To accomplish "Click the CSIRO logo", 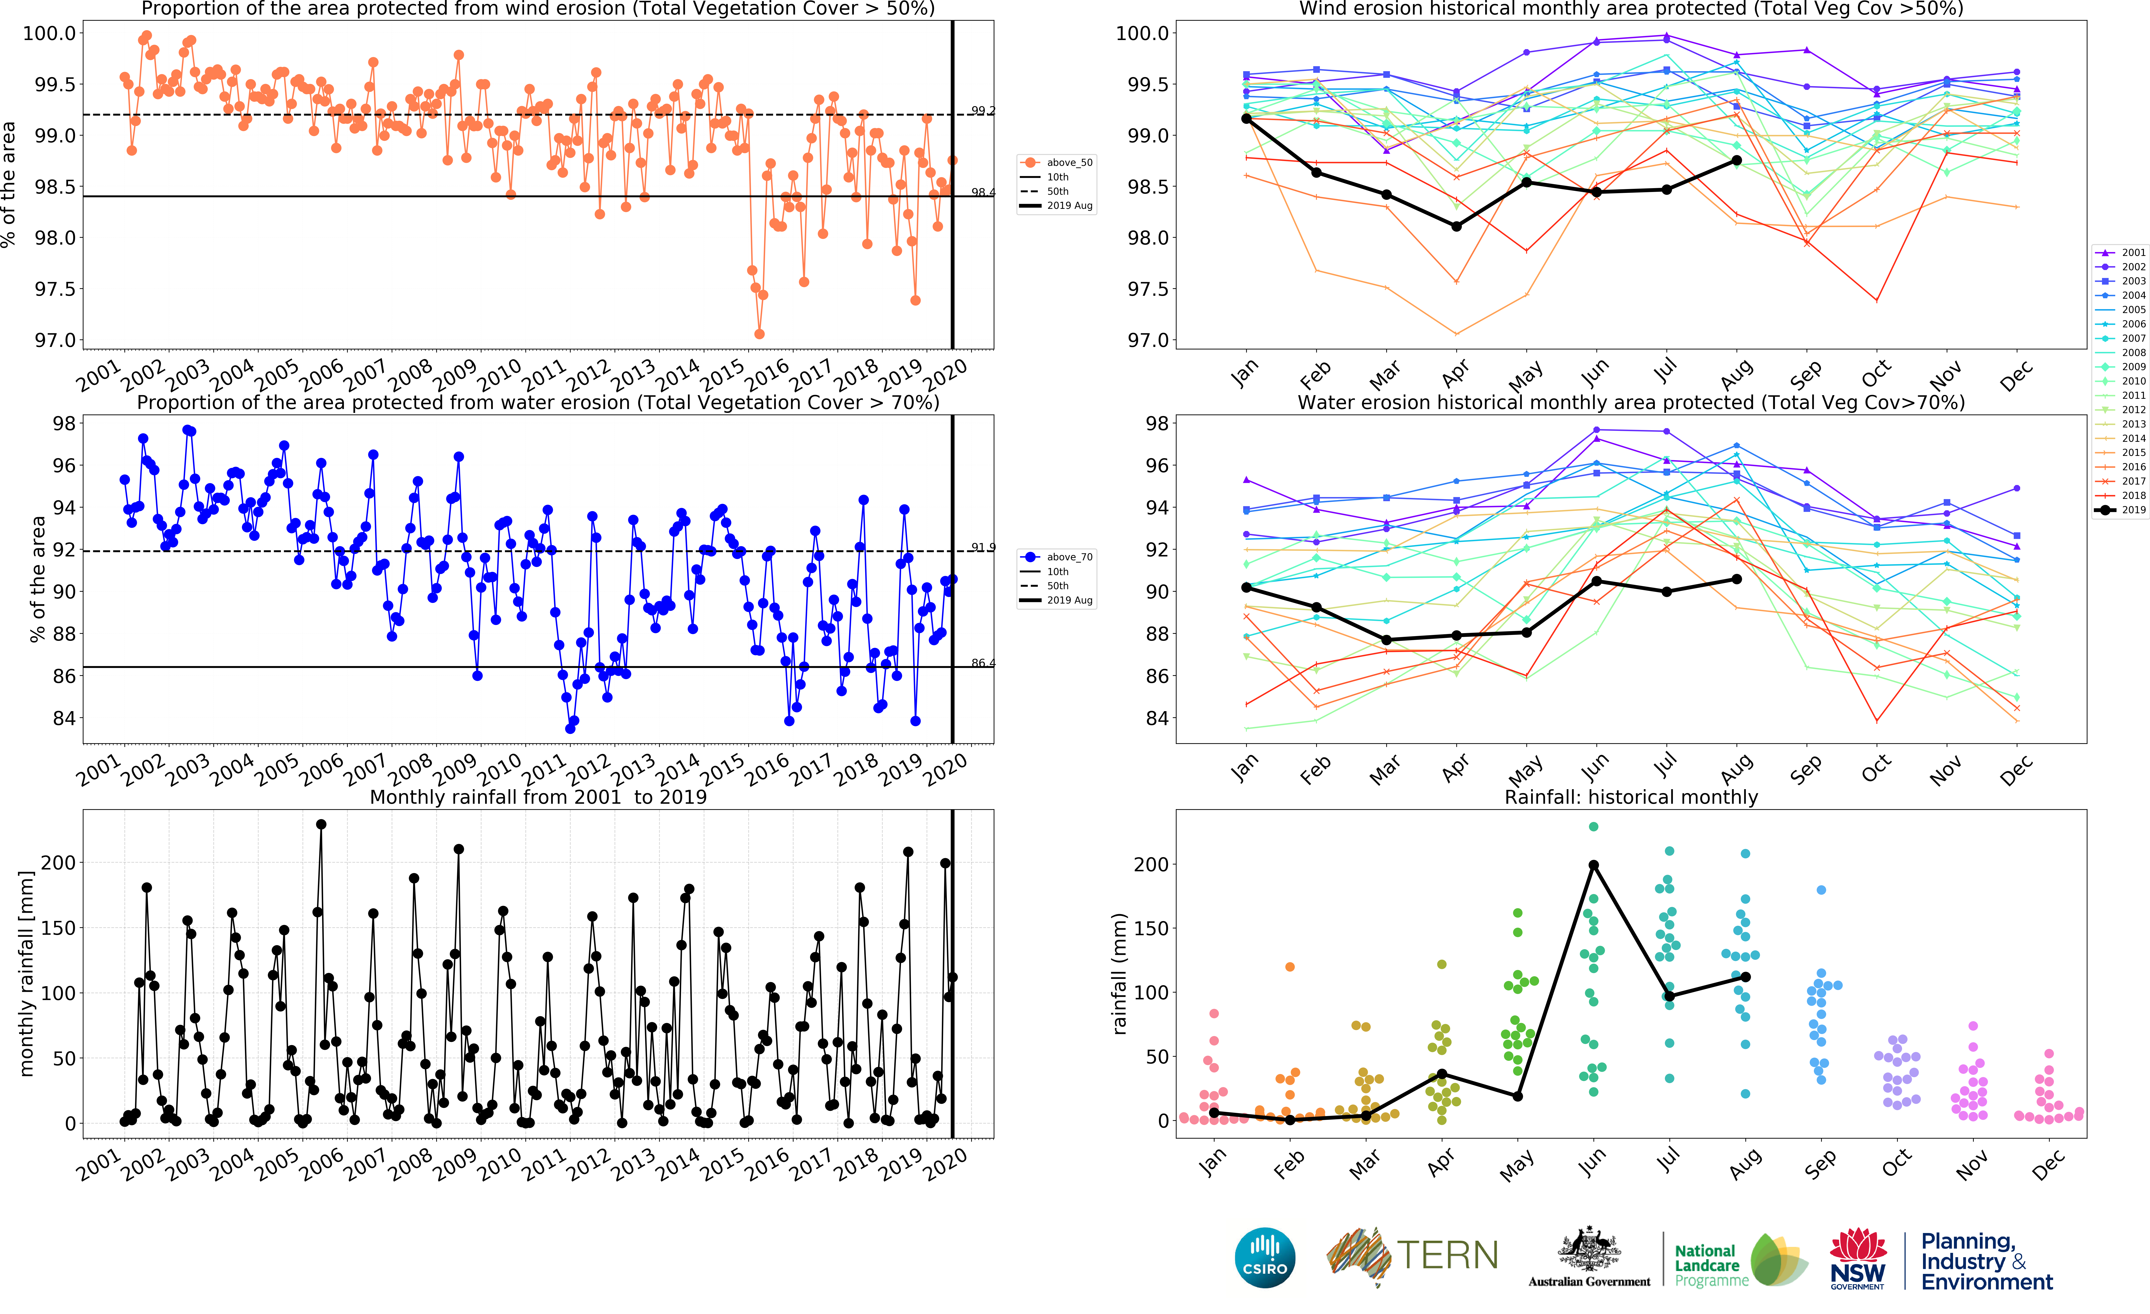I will [x=1264, y=1257].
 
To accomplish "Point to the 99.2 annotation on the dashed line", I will [x=983, y=111].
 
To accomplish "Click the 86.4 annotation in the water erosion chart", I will [x=983, y=663].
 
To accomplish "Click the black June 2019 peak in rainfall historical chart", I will [x=1593, y=865].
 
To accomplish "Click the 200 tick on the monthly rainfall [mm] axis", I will [x=58, y=862].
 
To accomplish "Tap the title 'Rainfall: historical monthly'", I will [x=1631, y=797].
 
